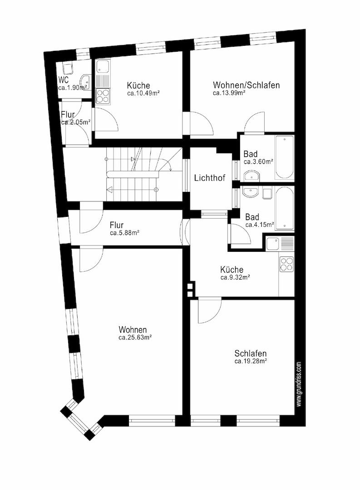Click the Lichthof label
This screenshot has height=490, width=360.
pos(210,178)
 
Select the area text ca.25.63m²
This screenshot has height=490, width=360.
pos(135,338)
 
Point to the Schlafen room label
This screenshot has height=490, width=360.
pos(251,353)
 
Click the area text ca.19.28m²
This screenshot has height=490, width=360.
pos(251,362)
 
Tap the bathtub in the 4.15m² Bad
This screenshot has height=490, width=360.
pos(285,209)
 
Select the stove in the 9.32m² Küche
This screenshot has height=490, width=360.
pos(286,264)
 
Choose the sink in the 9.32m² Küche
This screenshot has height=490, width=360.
pos(274,245)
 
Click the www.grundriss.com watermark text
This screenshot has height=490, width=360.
pos(299,384)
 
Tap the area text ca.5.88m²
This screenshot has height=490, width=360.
pos(124,233)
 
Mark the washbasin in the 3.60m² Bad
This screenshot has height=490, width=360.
pos(251,176)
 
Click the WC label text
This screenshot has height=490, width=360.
pos(64,80)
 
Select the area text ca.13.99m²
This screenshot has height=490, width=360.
pos(229,93)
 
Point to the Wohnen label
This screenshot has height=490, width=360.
pos(133,329)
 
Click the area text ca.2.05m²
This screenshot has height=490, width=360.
pos(76,122)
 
